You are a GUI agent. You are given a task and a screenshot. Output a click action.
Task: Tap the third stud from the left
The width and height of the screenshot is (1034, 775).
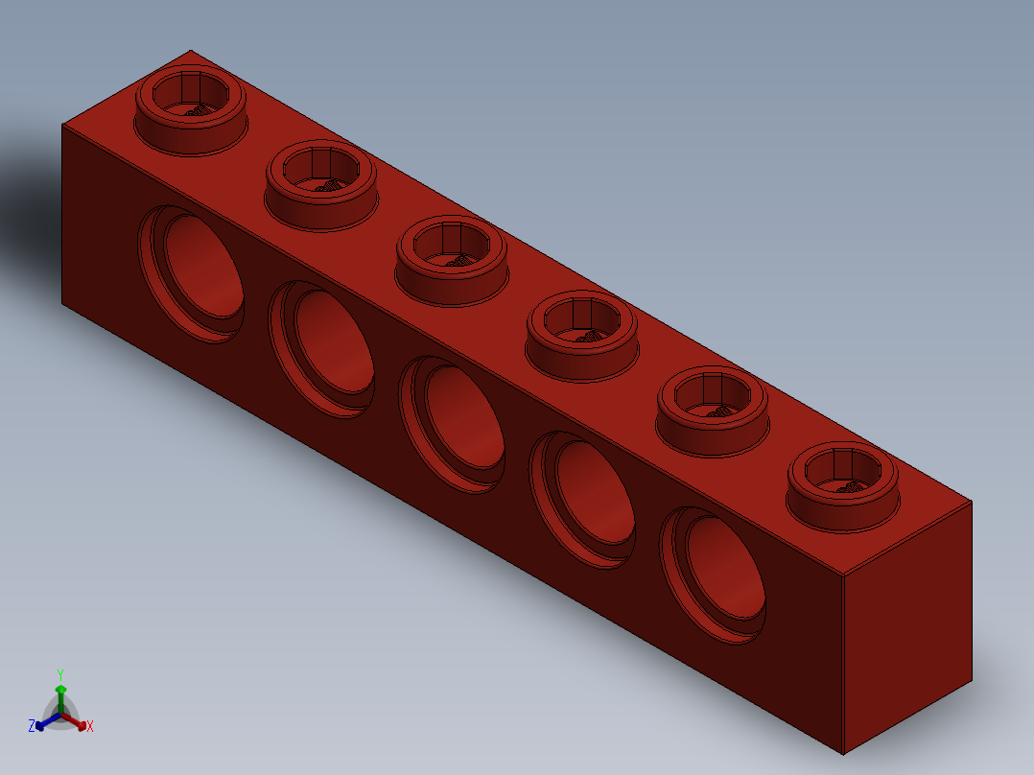451,257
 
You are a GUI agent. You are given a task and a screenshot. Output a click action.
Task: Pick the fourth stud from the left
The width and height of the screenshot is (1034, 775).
582,332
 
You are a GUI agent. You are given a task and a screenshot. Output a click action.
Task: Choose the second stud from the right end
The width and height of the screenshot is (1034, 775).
713,407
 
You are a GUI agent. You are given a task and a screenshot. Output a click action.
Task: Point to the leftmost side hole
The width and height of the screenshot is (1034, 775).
192,271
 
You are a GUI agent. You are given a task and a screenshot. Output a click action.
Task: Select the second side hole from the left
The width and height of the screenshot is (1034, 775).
322,347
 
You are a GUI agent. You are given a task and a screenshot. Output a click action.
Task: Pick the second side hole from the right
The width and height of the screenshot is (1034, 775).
584,499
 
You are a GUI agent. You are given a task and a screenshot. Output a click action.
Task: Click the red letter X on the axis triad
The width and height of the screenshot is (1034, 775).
90,727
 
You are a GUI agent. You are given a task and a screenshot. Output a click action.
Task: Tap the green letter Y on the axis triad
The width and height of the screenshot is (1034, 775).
60,674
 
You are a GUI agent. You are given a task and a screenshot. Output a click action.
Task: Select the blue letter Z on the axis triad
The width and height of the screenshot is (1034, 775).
32,726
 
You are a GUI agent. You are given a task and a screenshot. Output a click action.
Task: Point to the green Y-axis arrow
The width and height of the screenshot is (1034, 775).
60,694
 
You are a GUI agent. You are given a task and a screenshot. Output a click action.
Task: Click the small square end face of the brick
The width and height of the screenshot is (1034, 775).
907,623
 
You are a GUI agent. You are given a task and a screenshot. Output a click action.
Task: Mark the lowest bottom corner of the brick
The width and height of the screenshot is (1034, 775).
843,754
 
